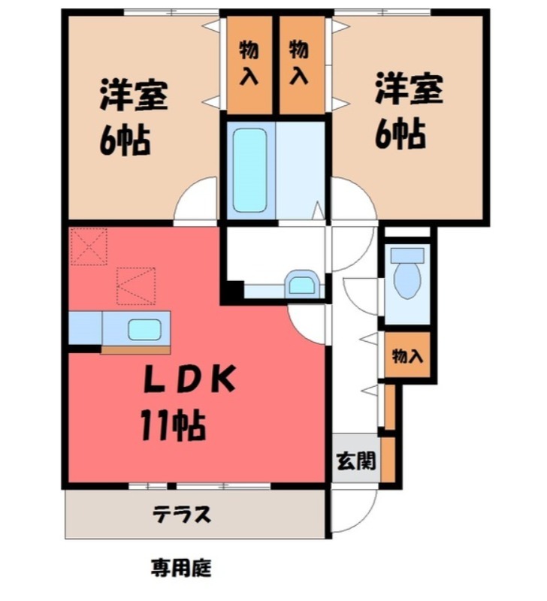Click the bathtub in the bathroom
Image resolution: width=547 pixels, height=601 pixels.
(249, 171)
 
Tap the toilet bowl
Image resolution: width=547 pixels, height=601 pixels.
(406, 278)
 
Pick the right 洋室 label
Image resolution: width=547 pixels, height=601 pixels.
(409, 89)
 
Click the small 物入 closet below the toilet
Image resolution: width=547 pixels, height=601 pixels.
(407, 356)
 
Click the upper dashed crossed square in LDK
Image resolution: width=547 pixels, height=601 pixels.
(89, 246)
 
